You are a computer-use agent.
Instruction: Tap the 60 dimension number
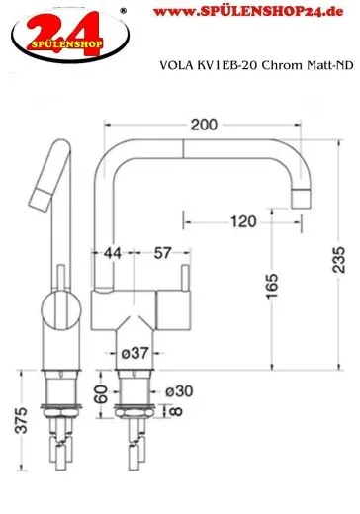tap(101, 396)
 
